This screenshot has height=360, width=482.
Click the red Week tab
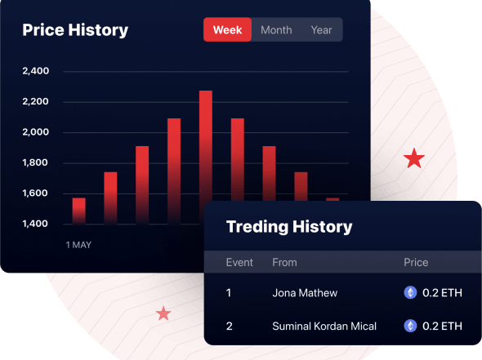227,29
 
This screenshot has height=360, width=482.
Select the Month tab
276,29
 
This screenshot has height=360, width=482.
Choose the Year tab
321,29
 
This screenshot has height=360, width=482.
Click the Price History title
75,30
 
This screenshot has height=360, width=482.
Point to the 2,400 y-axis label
36,71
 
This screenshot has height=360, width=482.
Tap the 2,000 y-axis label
36,132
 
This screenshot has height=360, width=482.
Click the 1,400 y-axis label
35,224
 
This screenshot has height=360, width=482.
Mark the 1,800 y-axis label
35,162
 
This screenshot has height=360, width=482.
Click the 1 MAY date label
78,245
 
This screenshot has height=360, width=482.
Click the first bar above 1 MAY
78,211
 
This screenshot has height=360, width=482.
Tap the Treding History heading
289,227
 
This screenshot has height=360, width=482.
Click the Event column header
239,262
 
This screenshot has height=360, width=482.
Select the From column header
284,262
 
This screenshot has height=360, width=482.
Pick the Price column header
416,262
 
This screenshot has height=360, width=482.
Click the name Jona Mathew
305,293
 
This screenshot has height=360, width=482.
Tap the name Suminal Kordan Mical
324,326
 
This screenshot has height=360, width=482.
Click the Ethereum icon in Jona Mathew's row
410,292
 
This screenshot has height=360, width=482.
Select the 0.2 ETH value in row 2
442,326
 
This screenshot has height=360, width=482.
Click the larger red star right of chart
414,159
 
